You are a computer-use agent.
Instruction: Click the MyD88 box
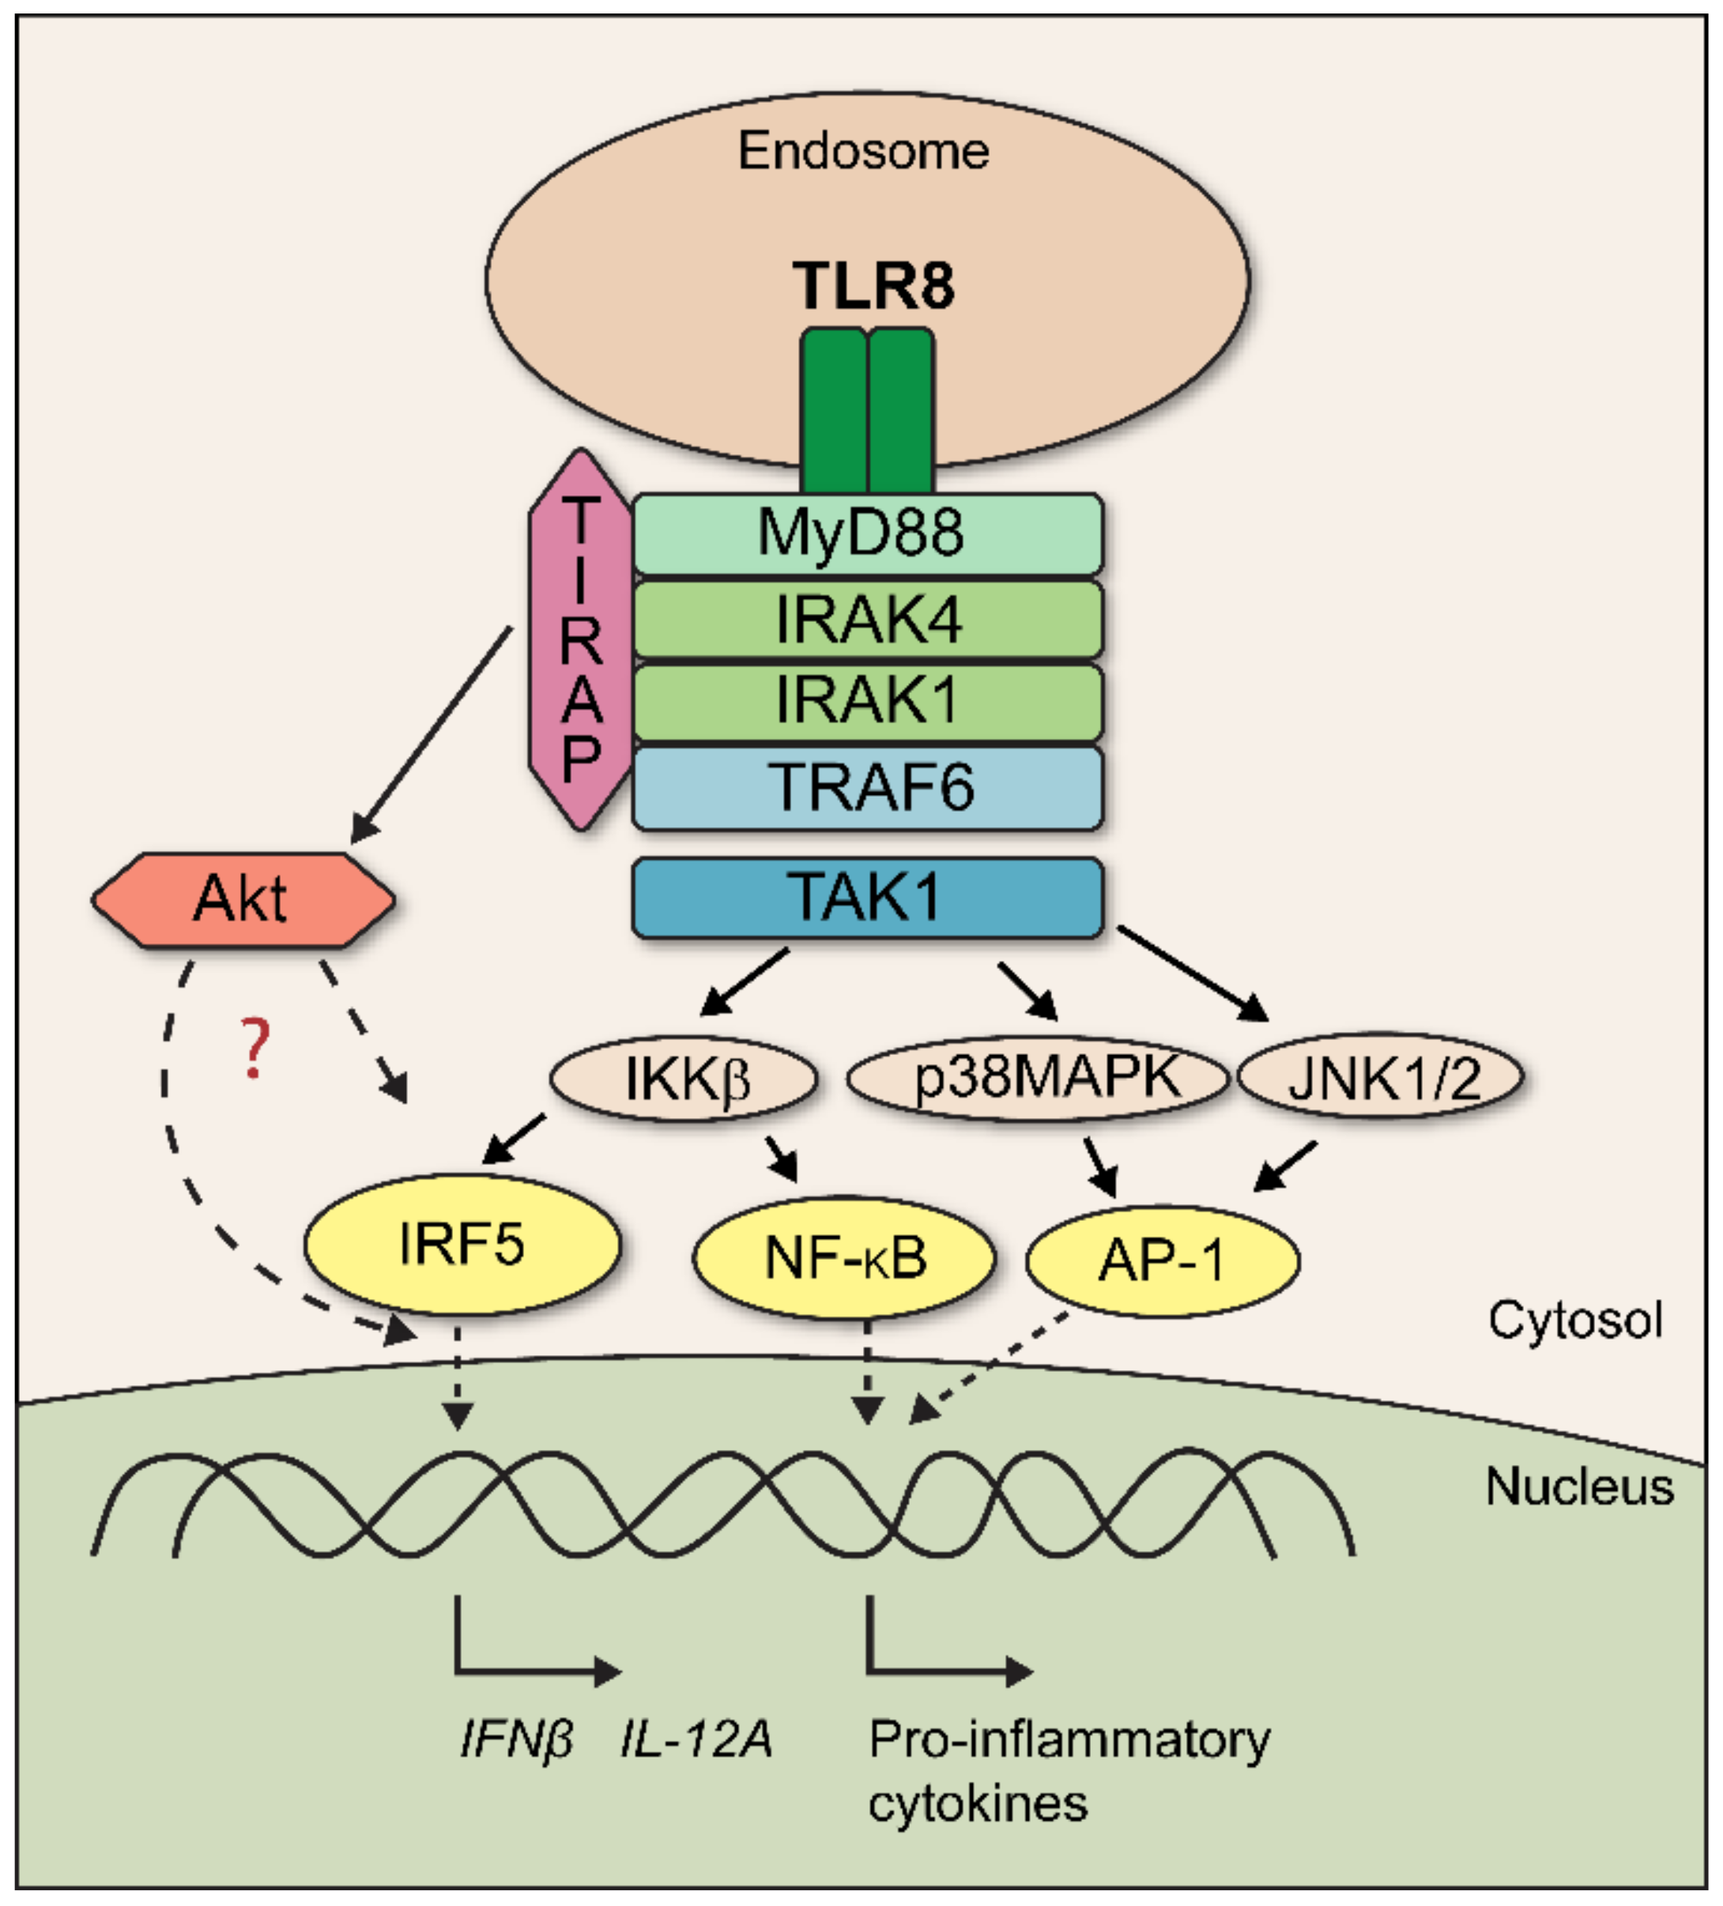click(x=867, y=533)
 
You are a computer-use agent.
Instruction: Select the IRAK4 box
click(x=867, y=620)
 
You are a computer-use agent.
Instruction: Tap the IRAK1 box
click(x=867, y=702)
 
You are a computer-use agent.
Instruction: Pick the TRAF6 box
click(x=867, y=788)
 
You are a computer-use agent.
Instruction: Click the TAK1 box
click(x=867, y=897)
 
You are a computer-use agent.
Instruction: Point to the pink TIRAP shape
click(x=581, y=640)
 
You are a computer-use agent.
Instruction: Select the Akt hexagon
click(x=242, y=900)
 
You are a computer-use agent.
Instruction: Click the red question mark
click(x=254, y=1049)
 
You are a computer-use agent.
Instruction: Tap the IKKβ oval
click(x=684, y=1079)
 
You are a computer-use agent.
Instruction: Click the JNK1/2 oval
click(x=1381, y=1076)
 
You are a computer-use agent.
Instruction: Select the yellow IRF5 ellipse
click(x=462, y=1244)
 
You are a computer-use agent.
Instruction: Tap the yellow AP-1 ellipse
click(x=1162, y=1260)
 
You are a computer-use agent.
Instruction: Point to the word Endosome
click(x=863, y=151)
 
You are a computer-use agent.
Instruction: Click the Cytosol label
click(x=1575, y=1320)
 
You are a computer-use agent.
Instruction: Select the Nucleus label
click(x=1579, y=1487)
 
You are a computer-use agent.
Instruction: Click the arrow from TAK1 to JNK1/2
click(x=1193, y=974)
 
